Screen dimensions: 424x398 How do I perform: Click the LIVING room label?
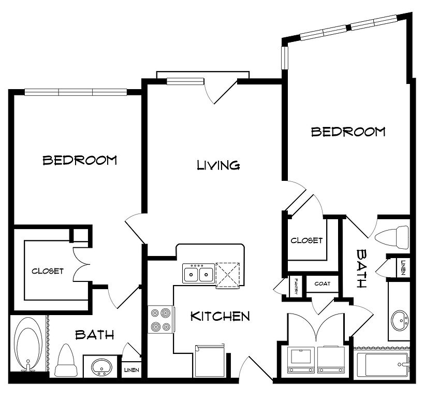point(218,165)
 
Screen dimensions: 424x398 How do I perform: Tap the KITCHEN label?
point(220,316)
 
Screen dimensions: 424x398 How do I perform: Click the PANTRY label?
point(296,287)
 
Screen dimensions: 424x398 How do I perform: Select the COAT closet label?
point(323,283)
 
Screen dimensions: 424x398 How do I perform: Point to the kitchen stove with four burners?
point(161,319)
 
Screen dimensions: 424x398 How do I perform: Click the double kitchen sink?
point(199,274)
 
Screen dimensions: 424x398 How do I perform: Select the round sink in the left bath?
point(101,367)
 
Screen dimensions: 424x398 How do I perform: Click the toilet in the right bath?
point(392,238)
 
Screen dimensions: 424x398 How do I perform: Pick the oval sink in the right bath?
point(401,321)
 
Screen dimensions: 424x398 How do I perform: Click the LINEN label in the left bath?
point(131,370)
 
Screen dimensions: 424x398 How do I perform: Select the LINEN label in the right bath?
point(403,267)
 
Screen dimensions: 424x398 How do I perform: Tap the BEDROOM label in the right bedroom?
point(348,132)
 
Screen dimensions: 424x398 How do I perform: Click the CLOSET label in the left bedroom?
point(48,271)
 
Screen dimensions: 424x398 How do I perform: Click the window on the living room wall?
point(185,81)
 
